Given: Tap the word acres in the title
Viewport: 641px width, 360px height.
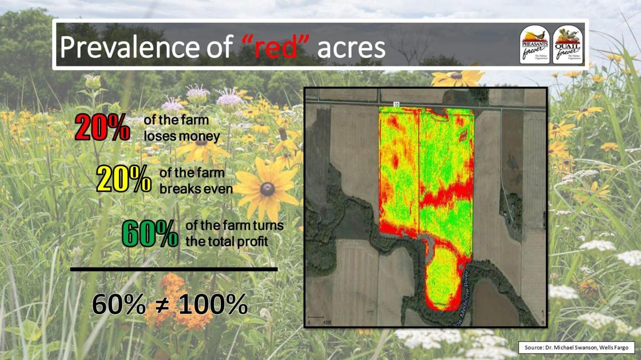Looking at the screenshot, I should tap(351, 48).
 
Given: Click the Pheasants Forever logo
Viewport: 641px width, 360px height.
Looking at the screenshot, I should tap(535, 45).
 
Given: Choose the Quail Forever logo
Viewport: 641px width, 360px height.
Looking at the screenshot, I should tap(568, 45).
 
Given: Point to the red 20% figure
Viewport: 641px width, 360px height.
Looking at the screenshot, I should tap(102, 128).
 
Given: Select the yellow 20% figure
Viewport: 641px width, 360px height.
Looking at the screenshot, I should tap(123, 180).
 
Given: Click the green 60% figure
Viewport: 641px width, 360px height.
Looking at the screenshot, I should tap(150, 234).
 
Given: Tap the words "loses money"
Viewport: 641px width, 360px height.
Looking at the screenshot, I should tap(182, 137).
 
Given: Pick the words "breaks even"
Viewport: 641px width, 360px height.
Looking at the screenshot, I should tap(196, 189).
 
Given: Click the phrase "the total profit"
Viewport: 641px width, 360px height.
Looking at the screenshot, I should tap(226, 241).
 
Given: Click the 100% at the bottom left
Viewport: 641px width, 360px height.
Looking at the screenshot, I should tap(213, 305).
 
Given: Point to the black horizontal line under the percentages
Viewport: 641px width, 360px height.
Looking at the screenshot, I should tap(174, 269).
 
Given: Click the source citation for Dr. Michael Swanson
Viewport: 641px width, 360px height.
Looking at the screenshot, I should tap(575, 348).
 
